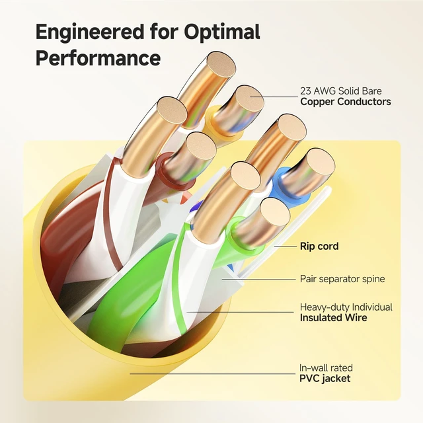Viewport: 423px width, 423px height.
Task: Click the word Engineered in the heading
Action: pos(90,32)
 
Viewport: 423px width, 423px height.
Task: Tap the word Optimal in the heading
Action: pos(222,31)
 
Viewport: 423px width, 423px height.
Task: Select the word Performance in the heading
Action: pos(98,58)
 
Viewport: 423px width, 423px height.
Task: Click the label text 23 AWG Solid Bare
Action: pos(341,91)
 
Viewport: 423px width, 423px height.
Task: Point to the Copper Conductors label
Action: pos(346,102)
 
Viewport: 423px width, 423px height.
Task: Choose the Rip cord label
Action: pos(319,246)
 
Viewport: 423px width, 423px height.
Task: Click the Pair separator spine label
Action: pos(342,279)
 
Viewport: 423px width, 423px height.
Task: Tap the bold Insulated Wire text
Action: pos(333,317)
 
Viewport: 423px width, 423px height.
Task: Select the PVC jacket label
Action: pos(325,378)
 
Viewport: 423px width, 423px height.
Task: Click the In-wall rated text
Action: pos(326,367)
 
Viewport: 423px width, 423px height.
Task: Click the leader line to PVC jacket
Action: pos(213,373)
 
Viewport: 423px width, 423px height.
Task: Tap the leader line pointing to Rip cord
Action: pos(286,247)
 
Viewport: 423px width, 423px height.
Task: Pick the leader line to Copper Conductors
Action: pos(274,96)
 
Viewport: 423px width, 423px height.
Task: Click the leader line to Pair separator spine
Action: pos(259,280)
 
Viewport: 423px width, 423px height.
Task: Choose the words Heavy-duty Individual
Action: pos(346,307)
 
